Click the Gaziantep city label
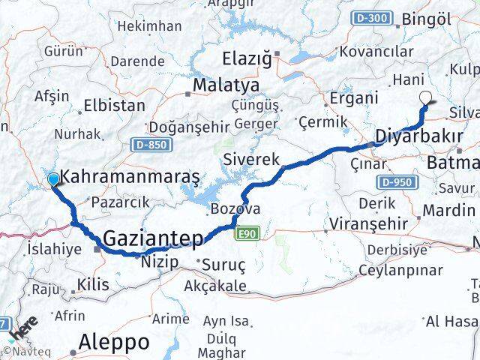tap(154, 239)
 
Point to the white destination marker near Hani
tap(427, 97)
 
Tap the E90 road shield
tap(246, 235)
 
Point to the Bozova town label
tap(235, 208)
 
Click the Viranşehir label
tap(367, 223)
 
